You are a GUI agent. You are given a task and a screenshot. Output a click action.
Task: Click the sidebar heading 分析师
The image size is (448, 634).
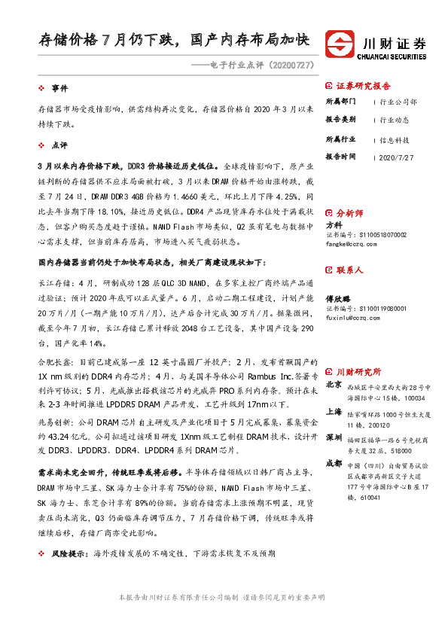pyautogui.click(x=349, y=214)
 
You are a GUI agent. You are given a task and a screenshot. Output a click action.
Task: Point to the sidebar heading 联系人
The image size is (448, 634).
pyautogui.click(x=349, y=269)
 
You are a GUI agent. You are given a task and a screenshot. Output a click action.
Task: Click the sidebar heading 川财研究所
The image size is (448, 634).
pyautogui.click(x=358, y=371)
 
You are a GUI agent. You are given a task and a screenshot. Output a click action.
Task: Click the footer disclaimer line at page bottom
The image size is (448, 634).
pyautogui.click(x=223, y=596)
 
